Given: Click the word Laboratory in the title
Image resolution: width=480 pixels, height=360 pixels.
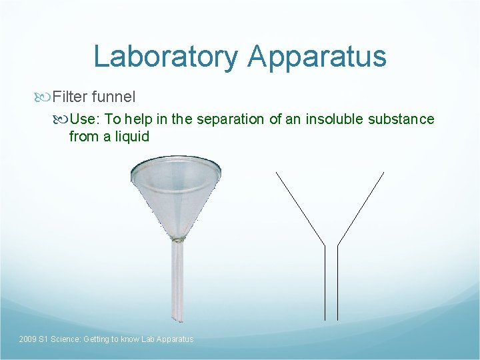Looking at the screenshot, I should pos(167,57).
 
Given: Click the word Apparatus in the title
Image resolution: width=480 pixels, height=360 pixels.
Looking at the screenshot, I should pos(317,57).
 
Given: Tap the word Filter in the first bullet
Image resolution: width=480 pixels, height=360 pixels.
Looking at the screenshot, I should pos(70,97).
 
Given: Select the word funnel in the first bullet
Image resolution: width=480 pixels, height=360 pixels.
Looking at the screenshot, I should pos(114,97).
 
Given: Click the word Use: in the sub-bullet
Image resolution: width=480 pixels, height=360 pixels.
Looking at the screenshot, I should pos(85,119).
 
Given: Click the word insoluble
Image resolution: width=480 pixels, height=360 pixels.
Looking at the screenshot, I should pos(325,119).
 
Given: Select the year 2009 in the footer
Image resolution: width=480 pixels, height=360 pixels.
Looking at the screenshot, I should pos(28,339).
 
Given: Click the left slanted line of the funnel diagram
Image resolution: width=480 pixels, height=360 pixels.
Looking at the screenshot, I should pos(300,209).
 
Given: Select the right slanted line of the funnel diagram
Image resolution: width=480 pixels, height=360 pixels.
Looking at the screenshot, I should pos(361,209).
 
